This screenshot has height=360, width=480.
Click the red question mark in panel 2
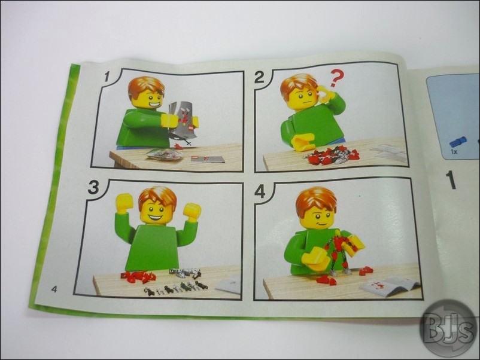tap(336, 80)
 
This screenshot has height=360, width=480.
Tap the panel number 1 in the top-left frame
tap(107, 77)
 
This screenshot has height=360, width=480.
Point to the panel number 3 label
tap(93, 187)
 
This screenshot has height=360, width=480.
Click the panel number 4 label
tap(260, 192)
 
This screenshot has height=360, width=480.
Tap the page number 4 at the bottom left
tap(54, 289)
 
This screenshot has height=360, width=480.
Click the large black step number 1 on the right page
tap(451, 180)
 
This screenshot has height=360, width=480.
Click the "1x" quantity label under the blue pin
tap(454, 151)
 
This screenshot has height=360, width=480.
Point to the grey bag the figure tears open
tap(183, 120)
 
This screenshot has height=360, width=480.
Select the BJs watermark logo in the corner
tap(449, 330)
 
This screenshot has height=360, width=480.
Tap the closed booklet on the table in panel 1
tap(207, 159)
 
